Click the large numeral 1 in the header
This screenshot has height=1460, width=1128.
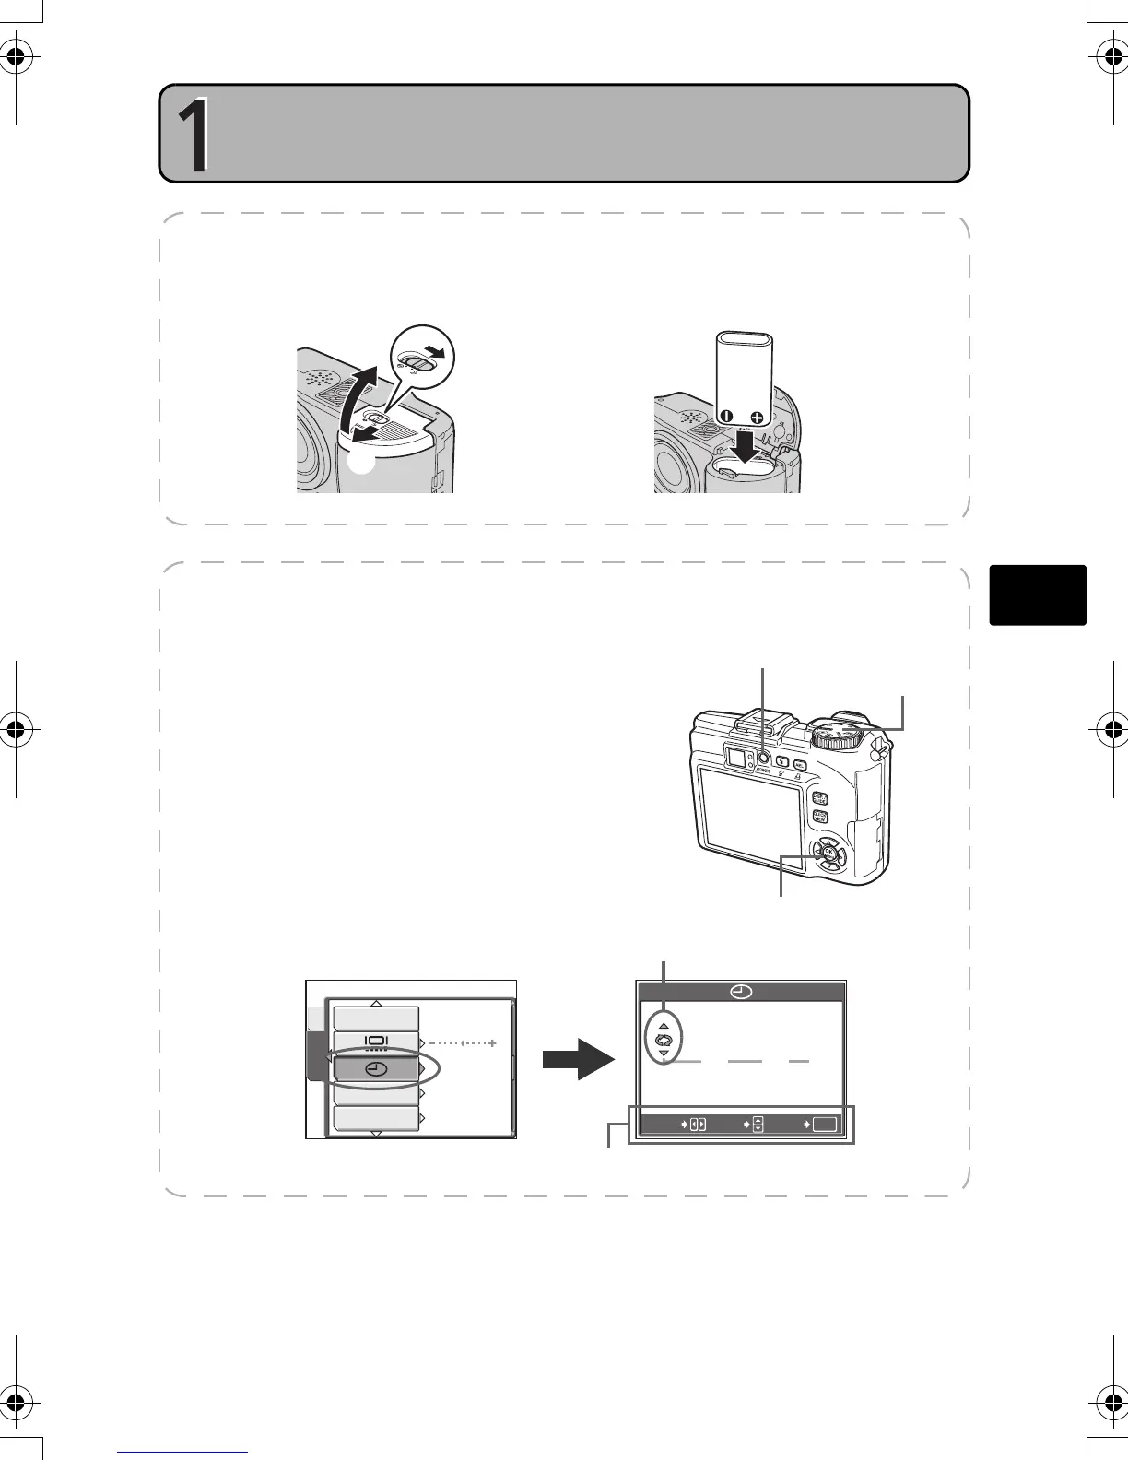pos(193,135)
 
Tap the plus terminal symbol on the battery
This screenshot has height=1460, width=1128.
pos(757,418)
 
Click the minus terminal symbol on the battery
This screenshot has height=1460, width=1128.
pos(726,417)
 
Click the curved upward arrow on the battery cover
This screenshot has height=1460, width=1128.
pos(355,396)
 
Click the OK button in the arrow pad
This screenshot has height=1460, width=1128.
pos(828,854)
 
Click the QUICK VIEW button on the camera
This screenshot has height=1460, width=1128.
pos(819,817)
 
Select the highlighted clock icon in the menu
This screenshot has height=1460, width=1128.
pos(376,1069)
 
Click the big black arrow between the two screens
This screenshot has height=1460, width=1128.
pos(578,1060)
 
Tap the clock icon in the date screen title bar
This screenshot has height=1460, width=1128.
pos(741,993)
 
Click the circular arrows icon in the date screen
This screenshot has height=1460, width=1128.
pos(664,1040)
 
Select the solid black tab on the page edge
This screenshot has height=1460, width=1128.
pos(1038,595)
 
